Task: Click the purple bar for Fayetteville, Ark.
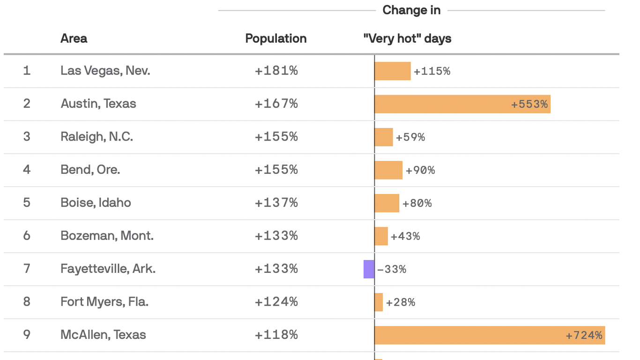369,269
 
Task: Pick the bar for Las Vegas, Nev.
393,71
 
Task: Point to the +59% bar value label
410,137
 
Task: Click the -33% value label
392,269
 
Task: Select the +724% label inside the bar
584,336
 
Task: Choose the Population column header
276,38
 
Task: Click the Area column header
74,38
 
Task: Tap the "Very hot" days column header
407,38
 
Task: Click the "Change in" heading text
411,10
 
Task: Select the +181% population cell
276,71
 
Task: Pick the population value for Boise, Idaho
276,203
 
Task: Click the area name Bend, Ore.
90,170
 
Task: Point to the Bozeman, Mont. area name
107,236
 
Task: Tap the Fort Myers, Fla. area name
104,302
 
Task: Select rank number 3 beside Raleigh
27,137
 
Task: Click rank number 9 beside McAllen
27,335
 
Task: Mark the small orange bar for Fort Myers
379,302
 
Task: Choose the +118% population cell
276,335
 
